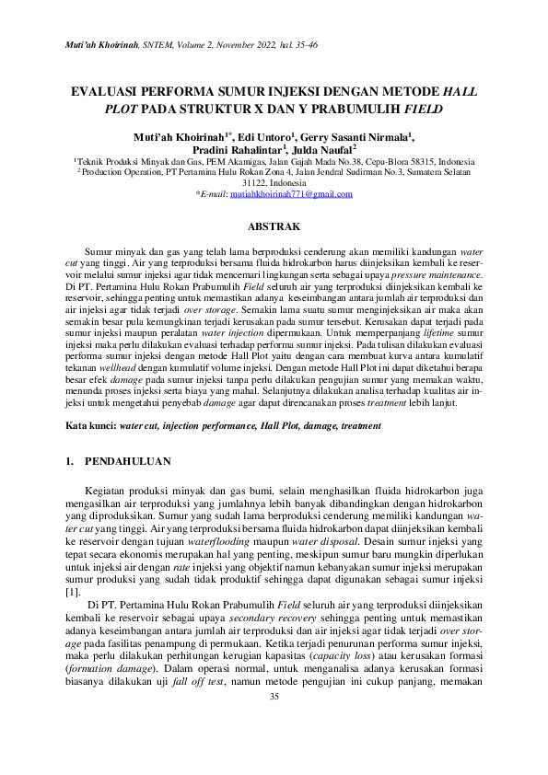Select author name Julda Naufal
click(x=325, y=150)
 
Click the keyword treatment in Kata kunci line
click(x=344, y=427)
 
